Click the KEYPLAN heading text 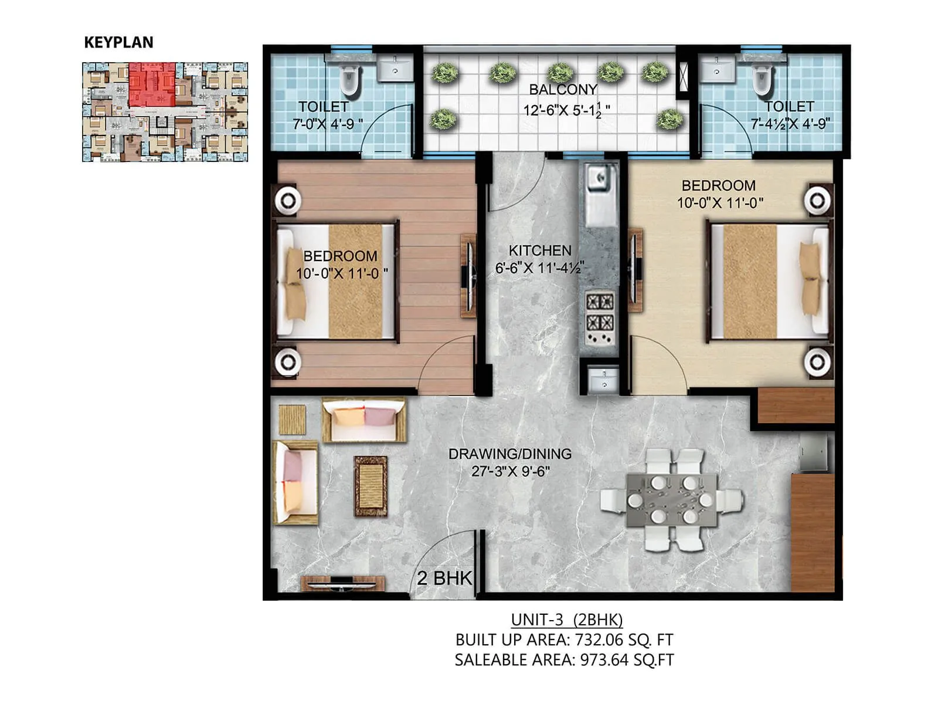118,42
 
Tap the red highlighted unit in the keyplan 151,84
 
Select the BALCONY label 563,90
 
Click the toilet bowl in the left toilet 350,81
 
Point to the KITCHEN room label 539,251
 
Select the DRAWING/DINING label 510,453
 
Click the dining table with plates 671,500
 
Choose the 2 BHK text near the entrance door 444,578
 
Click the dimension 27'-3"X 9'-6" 510,471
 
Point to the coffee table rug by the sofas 370,486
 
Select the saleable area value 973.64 604,660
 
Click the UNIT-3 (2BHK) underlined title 566,620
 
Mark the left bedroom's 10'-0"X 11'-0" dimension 341,273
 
